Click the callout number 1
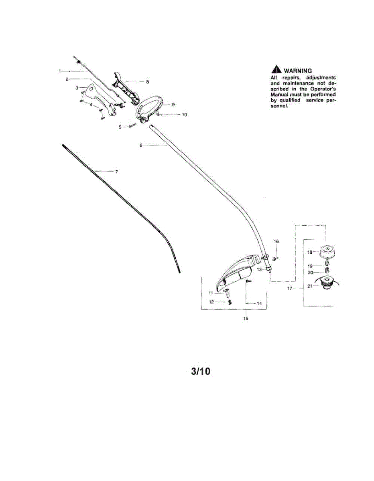tap(59, 71)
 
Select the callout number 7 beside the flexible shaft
tap(116, 172)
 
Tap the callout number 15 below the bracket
tap(246, 319)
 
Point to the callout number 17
tap(290, 288)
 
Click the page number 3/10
tap(200, 371)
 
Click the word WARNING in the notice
tap(297, 71)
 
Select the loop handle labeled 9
tap(149, 106)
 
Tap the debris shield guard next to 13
tap(236, 273)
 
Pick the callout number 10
tap(184, 115)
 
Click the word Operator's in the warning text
tap(319, 88)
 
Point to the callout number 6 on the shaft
tap(141, 146)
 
